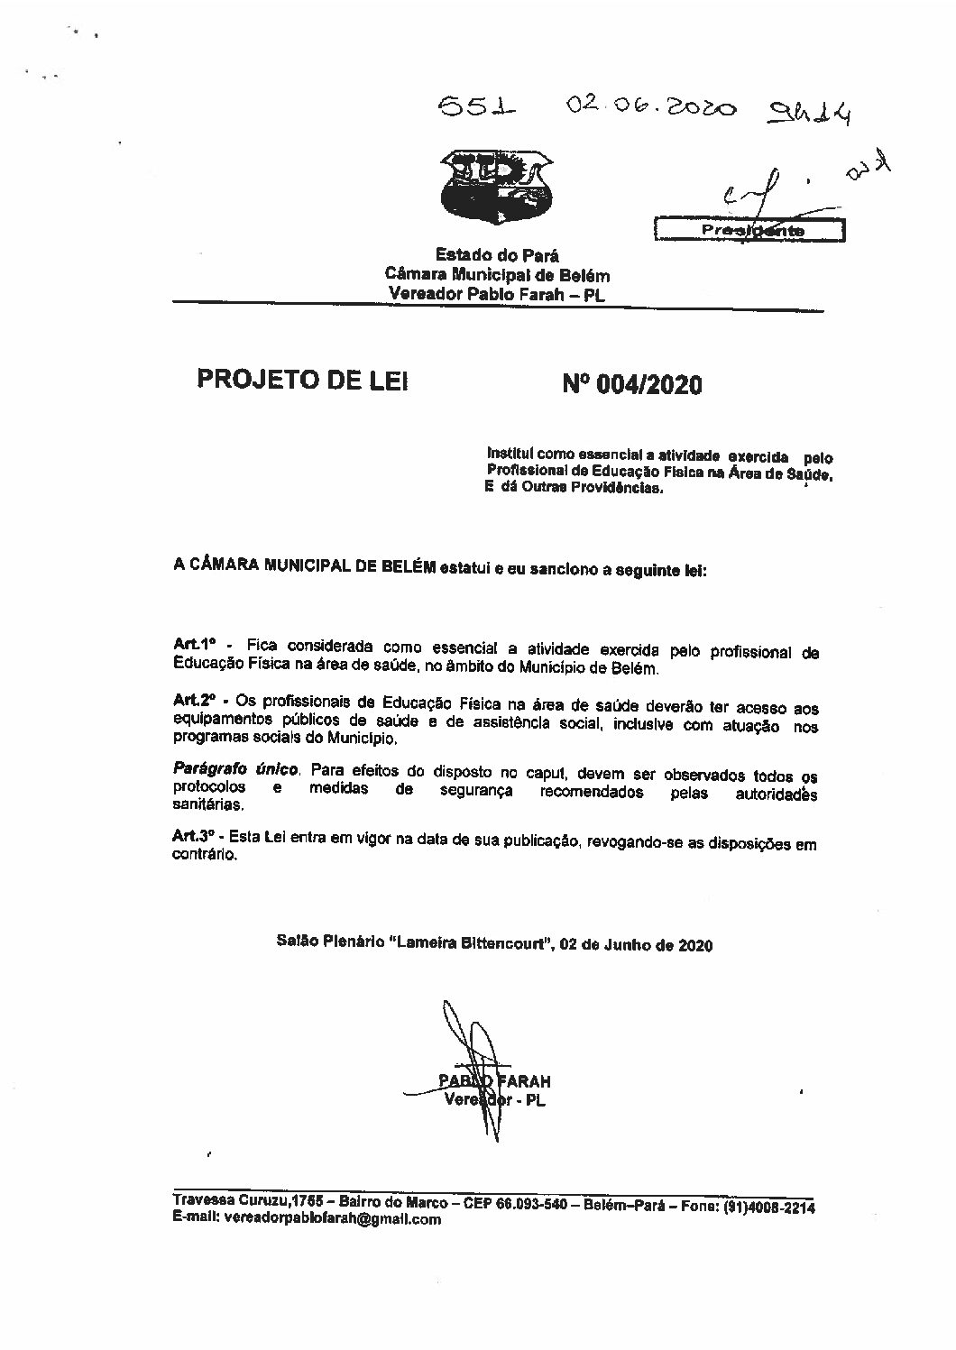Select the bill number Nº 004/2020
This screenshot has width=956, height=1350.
click(x=631, y=385)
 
